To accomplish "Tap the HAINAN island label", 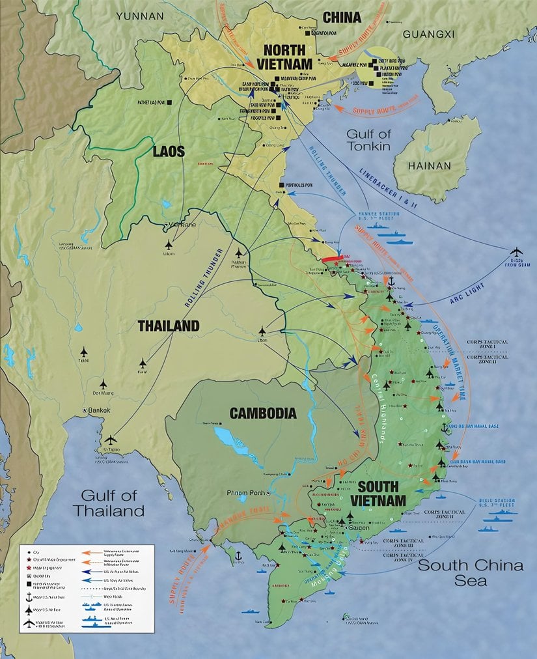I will tap(429, 165).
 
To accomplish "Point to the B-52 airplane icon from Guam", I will tap(516, 251).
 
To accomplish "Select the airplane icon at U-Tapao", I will tap(111, 440).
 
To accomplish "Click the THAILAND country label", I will tap(167, 326).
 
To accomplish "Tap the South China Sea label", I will tap(470, 572).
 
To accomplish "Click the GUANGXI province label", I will tap(428, 33).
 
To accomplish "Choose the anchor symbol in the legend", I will tap(29, 597).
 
